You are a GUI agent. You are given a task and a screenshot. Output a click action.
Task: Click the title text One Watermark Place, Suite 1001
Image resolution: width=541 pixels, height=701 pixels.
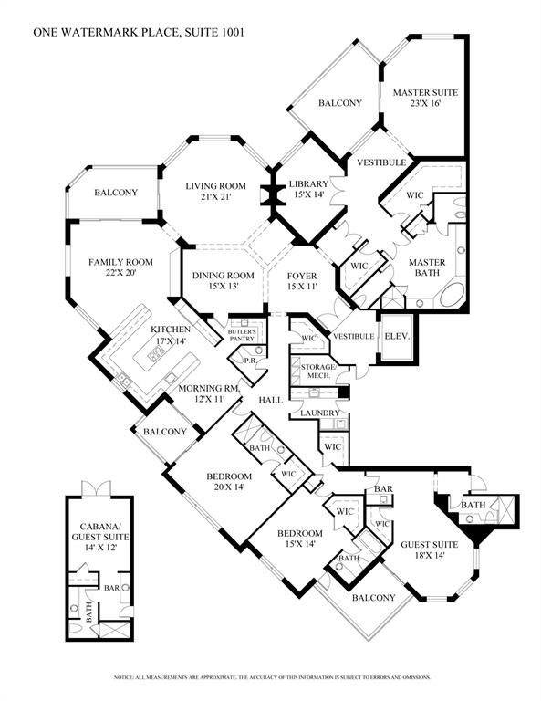pos(139,32)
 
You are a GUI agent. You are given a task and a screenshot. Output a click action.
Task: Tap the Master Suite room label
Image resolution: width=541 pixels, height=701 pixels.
pos(424,99)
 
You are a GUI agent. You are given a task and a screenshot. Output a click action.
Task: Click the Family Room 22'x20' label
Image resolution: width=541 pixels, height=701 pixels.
pos(120,267)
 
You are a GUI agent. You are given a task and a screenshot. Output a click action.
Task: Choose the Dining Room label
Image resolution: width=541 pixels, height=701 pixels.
pos(222,281)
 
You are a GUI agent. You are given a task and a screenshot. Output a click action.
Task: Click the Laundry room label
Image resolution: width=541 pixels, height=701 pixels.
pos(313,413)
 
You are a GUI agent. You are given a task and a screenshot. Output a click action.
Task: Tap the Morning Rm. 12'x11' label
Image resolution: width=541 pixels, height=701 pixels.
pos(207,393)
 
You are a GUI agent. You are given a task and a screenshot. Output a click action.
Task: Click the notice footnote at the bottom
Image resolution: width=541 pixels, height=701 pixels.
pos(271,677)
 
